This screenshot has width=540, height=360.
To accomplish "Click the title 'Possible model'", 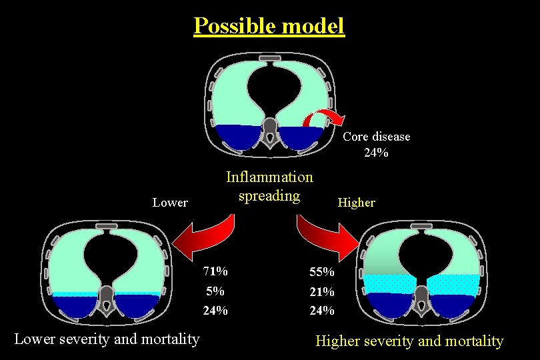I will pos(269,25).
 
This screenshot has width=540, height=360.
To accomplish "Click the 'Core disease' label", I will pos(376,137).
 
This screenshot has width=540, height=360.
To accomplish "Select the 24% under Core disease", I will pos(376,153).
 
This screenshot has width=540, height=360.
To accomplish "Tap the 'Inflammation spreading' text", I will pos(269,186).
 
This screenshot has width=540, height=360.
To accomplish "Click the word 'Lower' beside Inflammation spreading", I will pos(170,202).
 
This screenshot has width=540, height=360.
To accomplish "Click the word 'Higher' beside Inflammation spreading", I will pos(356,202).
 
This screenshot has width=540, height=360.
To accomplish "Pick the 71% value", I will pos(216,271).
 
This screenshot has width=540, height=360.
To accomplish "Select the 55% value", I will pos(321,272).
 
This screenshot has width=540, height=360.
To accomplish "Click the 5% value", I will pos(215,291).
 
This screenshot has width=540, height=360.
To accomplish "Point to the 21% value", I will pos(321,291).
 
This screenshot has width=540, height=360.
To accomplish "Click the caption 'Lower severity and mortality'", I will pos(107,339).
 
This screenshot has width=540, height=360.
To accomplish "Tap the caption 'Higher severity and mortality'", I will pos(409,341).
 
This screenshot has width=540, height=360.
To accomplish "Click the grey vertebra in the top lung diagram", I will pos(269,130).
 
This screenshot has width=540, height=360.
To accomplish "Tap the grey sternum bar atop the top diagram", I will pos(269,59).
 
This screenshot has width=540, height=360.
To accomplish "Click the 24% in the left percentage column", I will pos(216,310).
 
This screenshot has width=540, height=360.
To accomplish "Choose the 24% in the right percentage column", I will pos(321,311).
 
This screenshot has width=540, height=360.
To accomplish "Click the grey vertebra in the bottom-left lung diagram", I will pos(105,303).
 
